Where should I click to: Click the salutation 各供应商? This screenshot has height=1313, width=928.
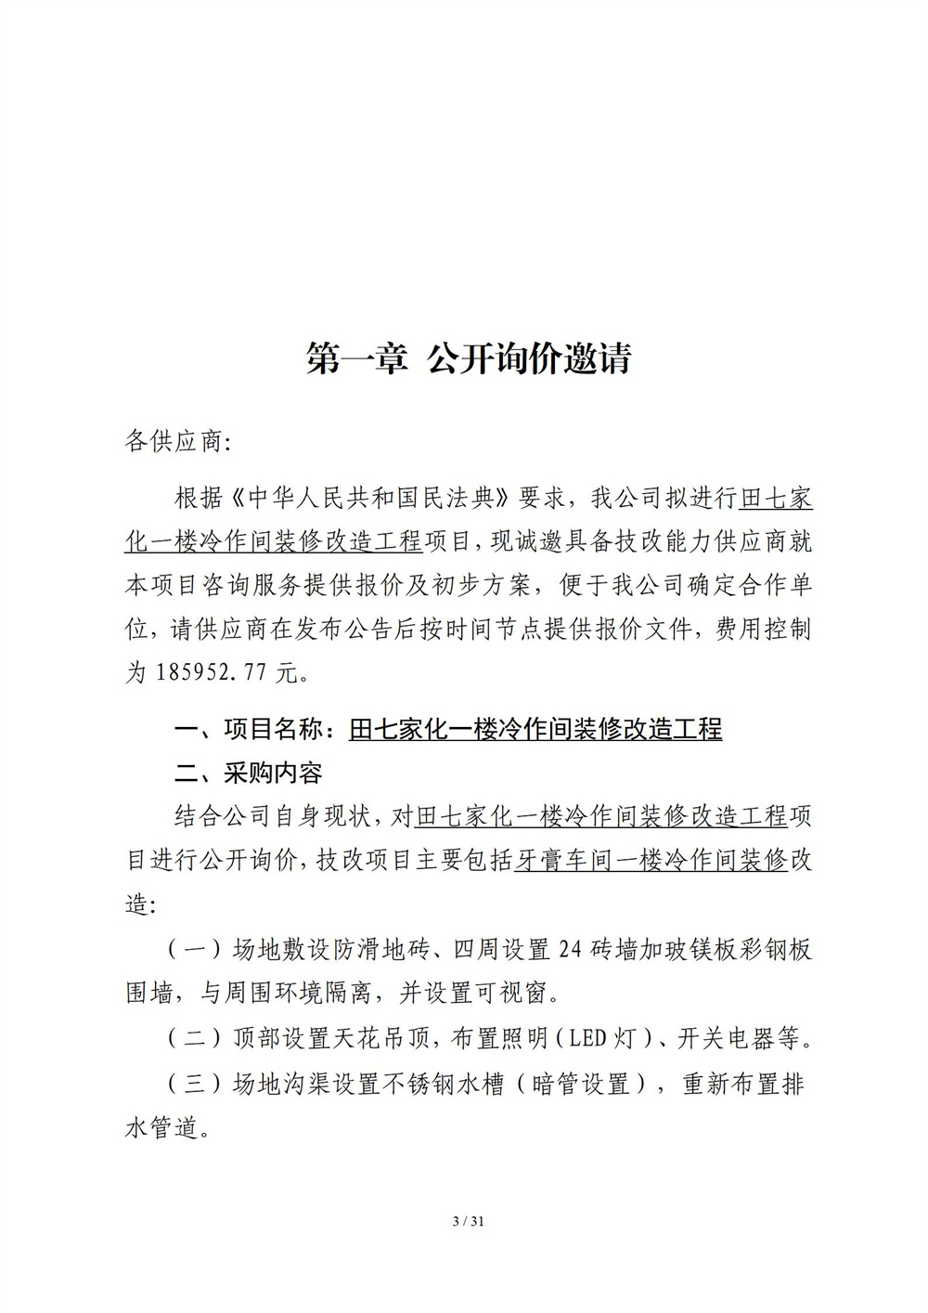(175, 441)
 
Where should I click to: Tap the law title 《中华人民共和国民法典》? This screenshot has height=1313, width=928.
(371, 499)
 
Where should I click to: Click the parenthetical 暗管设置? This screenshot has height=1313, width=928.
(580, 1084)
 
